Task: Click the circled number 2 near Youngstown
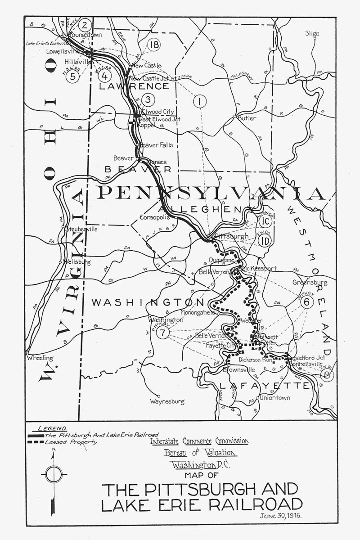tap(85, 25)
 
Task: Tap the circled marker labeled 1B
tap(154, 45)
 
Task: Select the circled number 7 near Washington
tap(163, 332)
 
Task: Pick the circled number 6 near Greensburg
tap(307, 302)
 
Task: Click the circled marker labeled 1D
tap(265, 240)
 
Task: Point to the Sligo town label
tap(312, 33)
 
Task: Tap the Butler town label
tap(247, 118)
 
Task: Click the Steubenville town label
tap(81, 229)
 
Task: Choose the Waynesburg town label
tap(167, 401)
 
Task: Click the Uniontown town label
tap(275, 397)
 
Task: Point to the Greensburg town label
tap(310, 282)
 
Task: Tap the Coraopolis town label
tap(155, 217)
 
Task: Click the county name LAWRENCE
tap(134, 86)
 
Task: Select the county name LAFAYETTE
tap(264, 386)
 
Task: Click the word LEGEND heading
tap(52, 428)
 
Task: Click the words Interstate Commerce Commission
tap(199, 441)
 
